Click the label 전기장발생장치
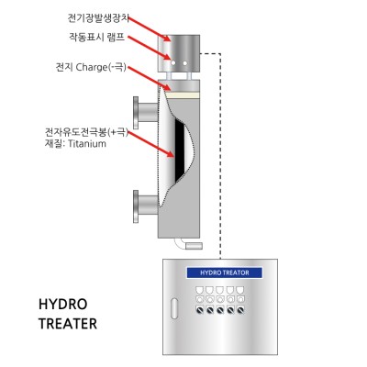pos(98,18)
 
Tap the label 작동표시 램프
pos(97,38)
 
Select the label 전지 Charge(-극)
pos(91,67)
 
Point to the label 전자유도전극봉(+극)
pos(86,133)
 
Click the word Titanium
pos(87,143)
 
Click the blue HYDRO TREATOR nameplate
pos(225,272)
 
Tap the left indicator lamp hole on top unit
pos(173,63)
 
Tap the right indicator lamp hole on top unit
pos(184,63)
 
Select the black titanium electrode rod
pos(179,150)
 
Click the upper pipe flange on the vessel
pos(136,113)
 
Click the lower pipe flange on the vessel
pos(136,206)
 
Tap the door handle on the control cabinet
pos(174,308)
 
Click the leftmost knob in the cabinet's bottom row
pos(199,311)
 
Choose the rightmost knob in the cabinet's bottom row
pos(240,311)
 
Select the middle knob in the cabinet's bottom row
pos(220,311)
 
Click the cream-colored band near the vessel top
pos(182,95)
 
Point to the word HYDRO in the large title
pos(63,305)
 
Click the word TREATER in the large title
pos(68,324)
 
